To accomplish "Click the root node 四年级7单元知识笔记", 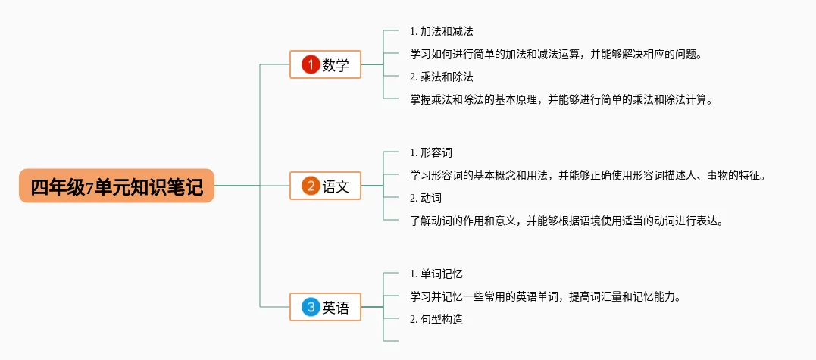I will tap(117, 186).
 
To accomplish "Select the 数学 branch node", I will tap(326, 64).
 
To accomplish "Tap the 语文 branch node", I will tap(326, 186).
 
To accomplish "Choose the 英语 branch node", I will tap(326, 307).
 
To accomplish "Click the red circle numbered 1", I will tap(309, 64).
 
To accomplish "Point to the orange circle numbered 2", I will tap(309, 186).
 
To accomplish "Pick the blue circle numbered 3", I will tap(309, 307).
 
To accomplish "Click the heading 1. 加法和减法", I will tap(442, 31).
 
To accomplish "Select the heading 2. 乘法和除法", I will tap(442, 77).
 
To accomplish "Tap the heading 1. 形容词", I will tap(431, 152).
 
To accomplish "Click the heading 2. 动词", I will tap(426, 198).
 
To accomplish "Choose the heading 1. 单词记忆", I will tap(436, 274).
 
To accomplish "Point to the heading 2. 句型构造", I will tap(436, 319).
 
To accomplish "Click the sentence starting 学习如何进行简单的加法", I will tap(556, 54).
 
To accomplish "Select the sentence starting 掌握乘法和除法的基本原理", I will tap(561, 99).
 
